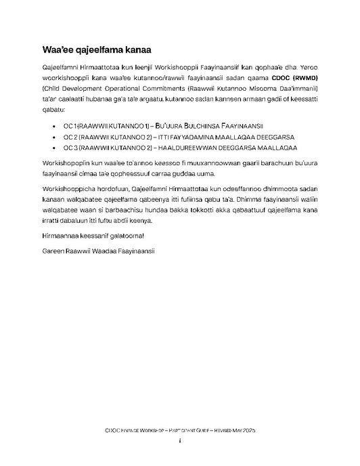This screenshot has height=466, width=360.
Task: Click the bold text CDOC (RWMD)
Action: pos(296,96)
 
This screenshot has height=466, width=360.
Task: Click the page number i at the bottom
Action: pos(179,441)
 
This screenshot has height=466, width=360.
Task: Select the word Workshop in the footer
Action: pos(153,431)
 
